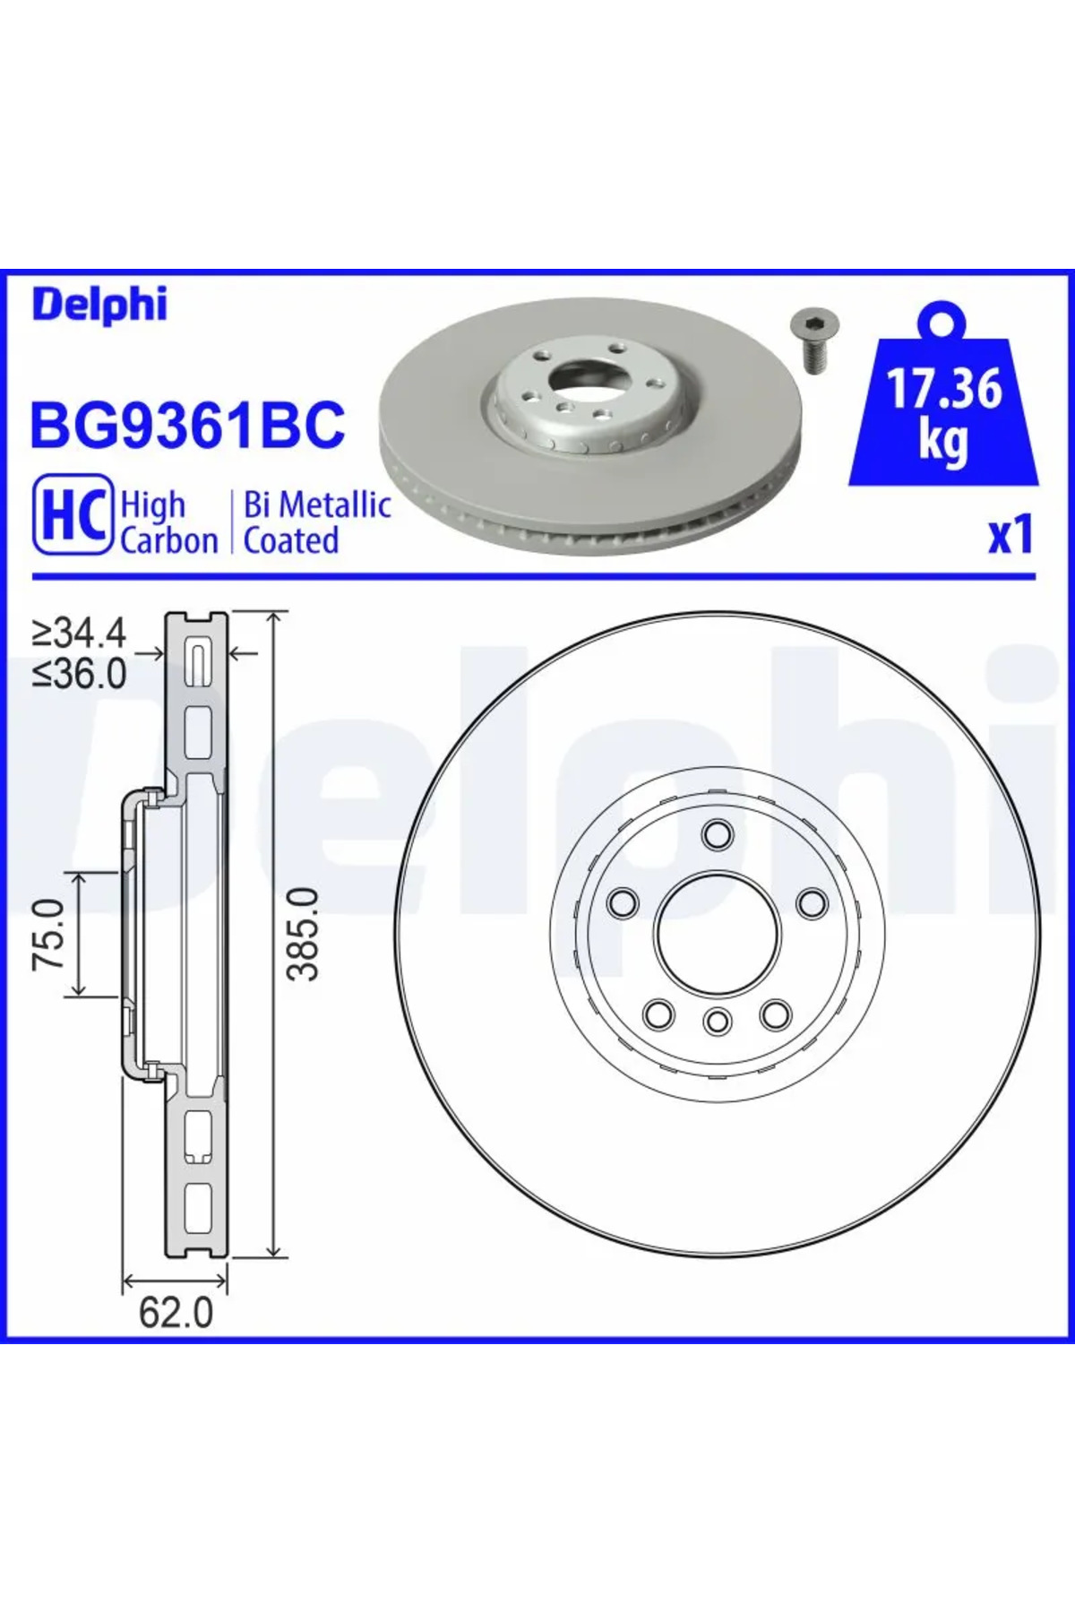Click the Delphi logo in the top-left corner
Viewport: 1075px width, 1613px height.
pyautogui.click(x=99, y=305)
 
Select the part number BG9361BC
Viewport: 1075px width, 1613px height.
pyautogui.click(x=187, y=425)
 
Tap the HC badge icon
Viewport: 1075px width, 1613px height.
pyautogui.click(x=73, y=514)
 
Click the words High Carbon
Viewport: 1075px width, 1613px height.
pyautogui.click(x=168, y=522)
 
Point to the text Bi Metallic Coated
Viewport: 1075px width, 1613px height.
pyautogui.click(x=317, y=522)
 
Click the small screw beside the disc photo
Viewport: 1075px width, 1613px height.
pyautogui.click(x=811, y=341)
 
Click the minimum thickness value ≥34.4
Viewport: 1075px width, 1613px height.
pyautogui.click(x=80, y=634)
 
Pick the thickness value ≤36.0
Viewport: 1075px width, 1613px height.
pyautogui.click(x=80, y=673)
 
